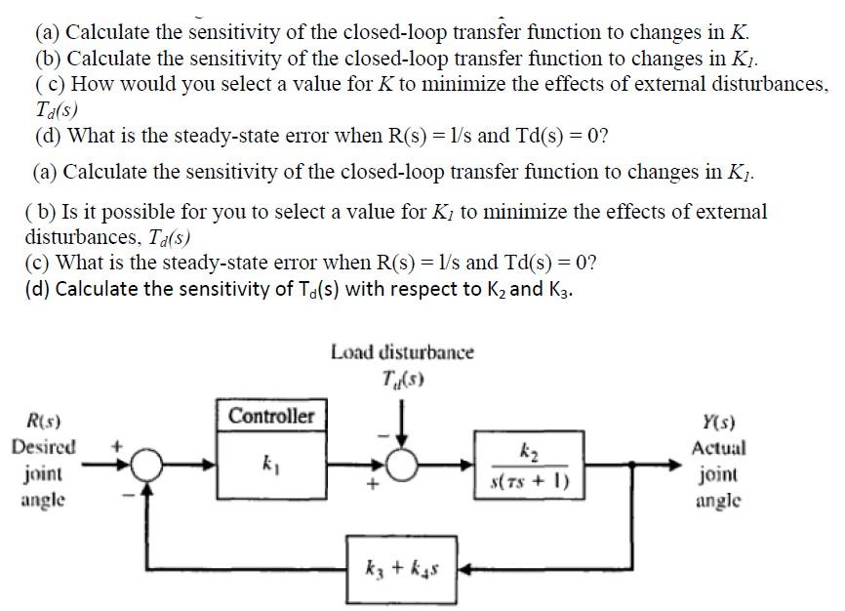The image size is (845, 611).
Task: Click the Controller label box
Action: point(271,416)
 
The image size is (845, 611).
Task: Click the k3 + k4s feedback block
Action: point(400,567)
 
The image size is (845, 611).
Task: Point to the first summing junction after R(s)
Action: point(147,467)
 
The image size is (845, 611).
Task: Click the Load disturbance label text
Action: point(401,351)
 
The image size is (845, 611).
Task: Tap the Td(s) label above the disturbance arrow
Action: point(401,377)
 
